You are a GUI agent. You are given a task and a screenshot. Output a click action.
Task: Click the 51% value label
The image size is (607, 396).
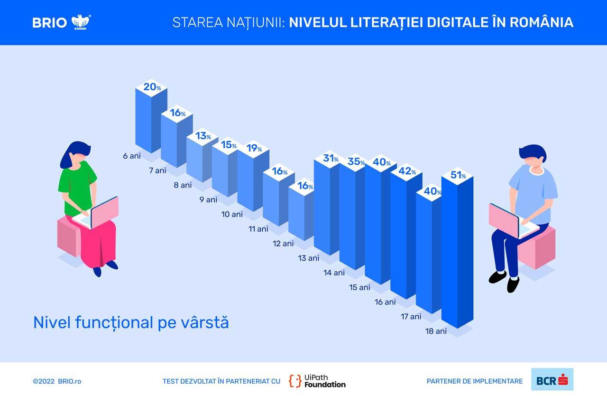click(x=458, y=175)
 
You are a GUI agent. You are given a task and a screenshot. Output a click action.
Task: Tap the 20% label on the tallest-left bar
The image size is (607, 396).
click(x=152, y=87)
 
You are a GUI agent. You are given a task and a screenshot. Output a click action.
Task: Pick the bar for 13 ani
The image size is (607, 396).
click(x=327, y=203)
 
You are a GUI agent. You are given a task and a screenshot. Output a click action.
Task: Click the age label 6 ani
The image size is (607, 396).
click(x=132, y=156)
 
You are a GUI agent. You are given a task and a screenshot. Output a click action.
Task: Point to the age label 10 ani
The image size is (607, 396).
click(x=232, y=214)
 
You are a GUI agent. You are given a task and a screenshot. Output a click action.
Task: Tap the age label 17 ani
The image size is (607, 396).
click(x=411, y=317)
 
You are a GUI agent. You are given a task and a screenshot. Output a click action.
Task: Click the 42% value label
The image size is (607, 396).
click(x=407, y=171)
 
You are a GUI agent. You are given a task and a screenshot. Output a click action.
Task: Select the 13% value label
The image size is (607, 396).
click(x=203, y=136)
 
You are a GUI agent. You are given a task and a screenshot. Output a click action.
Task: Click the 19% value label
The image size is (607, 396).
click(x=254, y=148)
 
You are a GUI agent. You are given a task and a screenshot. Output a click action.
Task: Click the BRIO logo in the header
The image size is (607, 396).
click(x=62, y=22)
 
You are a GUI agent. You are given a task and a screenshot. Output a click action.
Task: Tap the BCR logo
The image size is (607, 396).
click(x=552, y=379)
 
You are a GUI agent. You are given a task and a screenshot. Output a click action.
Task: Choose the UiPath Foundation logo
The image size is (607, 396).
click(x=317, y=381)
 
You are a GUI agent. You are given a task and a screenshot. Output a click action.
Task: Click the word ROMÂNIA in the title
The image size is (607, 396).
click(x=542, y=22)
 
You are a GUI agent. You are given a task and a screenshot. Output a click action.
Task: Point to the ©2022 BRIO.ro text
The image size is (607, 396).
click(x=57, y=381)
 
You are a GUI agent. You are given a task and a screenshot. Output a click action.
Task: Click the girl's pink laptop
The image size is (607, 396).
click(x=98, y=213)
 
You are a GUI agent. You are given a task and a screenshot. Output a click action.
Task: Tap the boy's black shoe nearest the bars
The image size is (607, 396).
click(x=497, y=277)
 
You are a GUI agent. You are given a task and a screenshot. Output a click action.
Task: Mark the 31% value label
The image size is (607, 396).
click(x=331, y=158)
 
